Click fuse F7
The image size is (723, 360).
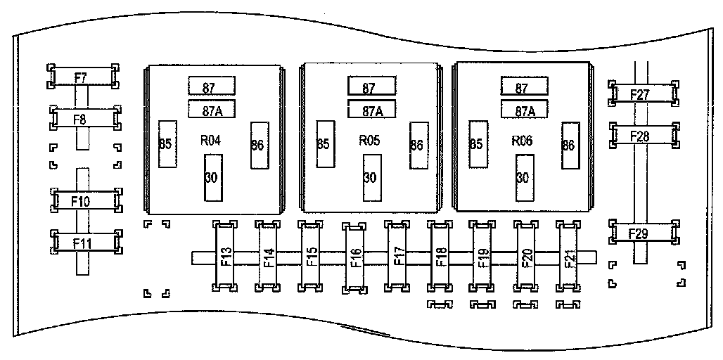coord(81,77)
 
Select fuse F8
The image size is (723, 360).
coord(81,118)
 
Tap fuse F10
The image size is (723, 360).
coord(81,201)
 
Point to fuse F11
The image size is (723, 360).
coord(81,243)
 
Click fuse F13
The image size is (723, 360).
coord(225,257)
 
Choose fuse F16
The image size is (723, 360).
coord(355,258)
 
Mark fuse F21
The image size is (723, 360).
coord(570,257)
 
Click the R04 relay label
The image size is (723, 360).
coord(210,141)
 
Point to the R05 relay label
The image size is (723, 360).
coord(369,141)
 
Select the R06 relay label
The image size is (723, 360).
coord(522,141)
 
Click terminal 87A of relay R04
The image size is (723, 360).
coord(211,110)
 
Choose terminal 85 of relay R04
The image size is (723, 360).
coord(166,143)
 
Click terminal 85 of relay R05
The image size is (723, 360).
coord(324,143)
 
